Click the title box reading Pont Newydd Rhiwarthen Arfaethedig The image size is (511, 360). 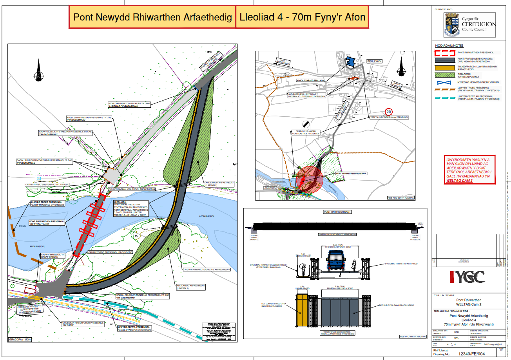[x=152, y=17]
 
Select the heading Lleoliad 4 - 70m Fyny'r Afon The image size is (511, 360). [x=302, y=17]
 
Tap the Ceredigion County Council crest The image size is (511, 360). [x=451, y=25]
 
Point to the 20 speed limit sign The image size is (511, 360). [x=388, y=112]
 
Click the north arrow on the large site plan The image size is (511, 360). [x=38, y=71]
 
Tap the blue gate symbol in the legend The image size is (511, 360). [x=444, y=82]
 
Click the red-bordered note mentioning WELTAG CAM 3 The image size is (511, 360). [x=470, y=170]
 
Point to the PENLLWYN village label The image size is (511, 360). [x=374, y=61]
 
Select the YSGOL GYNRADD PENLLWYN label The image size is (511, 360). [x=310, y=80]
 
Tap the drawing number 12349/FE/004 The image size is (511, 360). [x=474, y=354]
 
